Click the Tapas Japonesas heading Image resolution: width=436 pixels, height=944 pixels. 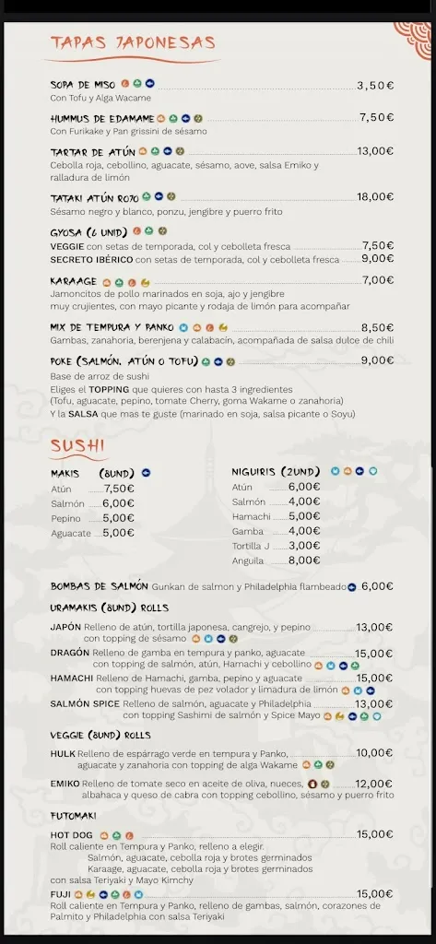[133, 43]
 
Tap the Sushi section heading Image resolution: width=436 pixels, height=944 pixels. [77, 446]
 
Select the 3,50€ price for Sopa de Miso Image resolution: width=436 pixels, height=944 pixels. [375, 86]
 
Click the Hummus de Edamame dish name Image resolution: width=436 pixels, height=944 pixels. [100, 118]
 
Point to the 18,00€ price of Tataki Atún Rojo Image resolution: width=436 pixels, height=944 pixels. [375, 197]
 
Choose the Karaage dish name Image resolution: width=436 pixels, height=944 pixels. [74, 281]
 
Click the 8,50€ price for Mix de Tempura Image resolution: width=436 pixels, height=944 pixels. [377, 327]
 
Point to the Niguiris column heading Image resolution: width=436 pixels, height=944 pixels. [274, 472]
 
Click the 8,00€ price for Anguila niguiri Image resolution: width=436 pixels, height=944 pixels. [304, 560]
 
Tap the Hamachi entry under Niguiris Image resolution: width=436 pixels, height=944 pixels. [252, 516]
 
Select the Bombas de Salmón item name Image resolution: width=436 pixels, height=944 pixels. [100, 586]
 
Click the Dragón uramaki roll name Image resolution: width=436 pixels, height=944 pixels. [70, 653]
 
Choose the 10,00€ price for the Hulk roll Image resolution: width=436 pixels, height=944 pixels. [374, 753]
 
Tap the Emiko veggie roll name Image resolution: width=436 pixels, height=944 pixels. [65, 784]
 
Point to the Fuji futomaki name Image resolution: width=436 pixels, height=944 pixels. [61, 893]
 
